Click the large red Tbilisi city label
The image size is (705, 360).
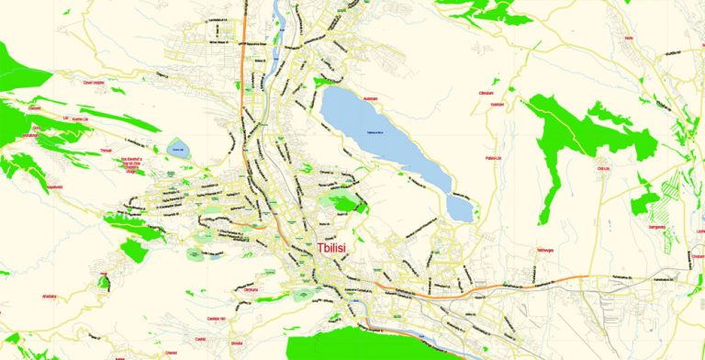[x=341, y=248]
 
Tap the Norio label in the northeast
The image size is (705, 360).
[x=629, y=38]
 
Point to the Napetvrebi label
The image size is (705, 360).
[x=54, y=187]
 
